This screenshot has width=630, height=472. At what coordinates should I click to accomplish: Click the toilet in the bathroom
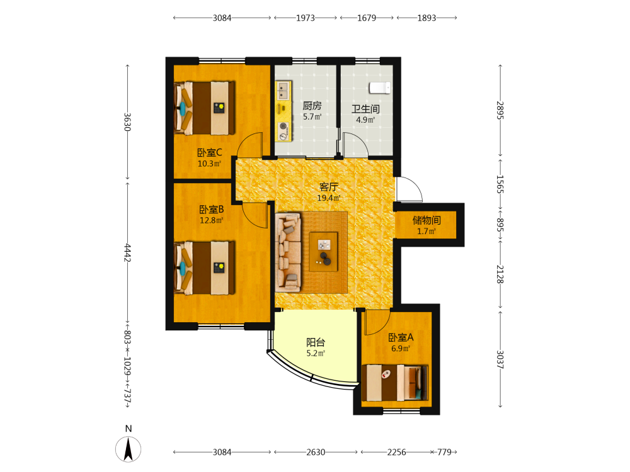(380, 87)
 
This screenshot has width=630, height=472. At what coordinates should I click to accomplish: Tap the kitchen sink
(283, 91)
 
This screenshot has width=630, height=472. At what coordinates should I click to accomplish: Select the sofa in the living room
(288, 252)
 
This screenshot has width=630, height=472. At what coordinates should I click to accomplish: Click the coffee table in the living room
(323, 252)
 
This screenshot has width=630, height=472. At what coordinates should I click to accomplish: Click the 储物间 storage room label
(427, 220)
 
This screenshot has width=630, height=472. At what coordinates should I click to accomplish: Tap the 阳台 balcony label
(316, 342)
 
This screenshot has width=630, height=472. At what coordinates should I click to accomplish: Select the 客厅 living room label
(329, 187)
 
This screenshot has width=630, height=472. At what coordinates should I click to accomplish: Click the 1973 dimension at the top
(306, 18)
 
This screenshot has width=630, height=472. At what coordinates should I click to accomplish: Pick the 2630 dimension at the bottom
(316, 452)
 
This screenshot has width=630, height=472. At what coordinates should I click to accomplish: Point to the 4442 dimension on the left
(127, 253)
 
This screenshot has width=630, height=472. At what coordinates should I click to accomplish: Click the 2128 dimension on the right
(500, 274)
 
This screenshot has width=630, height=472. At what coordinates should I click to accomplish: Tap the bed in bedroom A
(395, 383)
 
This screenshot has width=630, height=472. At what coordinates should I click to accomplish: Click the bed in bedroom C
(205, 108)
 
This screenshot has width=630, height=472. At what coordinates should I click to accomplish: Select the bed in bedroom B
(205, 267)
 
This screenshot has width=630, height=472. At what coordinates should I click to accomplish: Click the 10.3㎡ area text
(209, 164)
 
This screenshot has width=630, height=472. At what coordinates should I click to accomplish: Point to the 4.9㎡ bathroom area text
(365, 120)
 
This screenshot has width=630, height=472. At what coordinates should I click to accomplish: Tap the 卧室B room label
(211, 210)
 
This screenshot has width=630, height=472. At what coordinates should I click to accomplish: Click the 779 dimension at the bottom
(444, 452)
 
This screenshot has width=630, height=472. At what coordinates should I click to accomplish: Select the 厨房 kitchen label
(312, 106)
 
